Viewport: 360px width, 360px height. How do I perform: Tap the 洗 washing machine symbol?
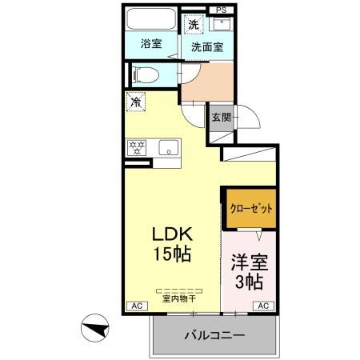[x=194, y=25]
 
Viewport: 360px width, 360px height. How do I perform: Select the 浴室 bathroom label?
[x=151, y=43]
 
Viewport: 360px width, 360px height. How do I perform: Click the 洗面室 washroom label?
[x=206, y=46]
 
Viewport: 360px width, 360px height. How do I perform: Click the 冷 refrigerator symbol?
[x=136, y=102]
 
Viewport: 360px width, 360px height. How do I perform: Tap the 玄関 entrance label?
[x=221, y=117]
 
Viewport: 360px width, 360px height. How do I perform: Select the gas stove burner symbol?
[x=138, y=146]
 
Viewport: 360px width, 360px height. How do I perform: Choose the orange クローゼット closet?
[x=250, y=208]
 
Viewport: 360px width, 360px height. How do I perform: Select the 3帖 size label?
[x=248, y=282]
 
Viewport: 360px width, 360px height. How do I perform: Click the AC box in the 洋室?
[x=262, y=306]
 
